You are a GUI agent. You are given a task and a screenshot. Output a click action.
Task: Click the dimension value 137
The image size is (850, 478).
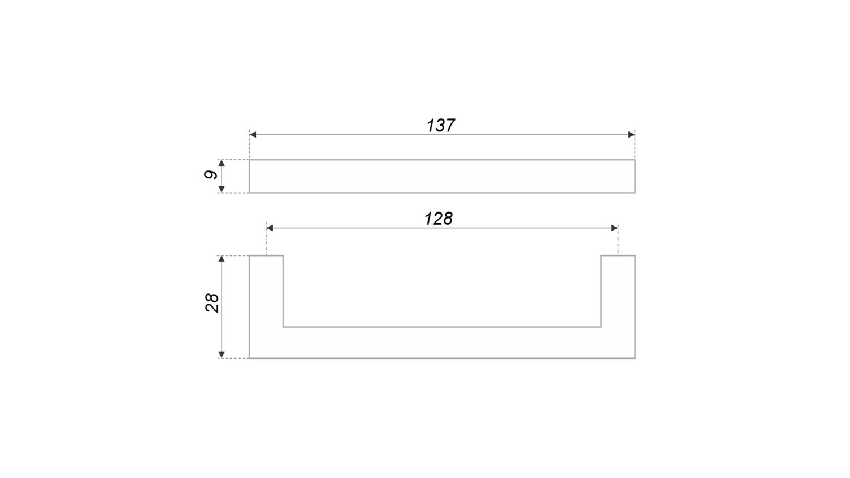click(x=440, y=126)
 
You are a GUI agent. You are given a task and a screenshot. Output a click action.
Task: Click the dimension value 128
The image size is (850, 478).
click(x=438, y=219)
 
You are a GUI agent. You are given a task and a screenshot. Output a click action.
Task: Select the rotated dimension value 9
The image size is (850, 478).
click(x=211, y=174)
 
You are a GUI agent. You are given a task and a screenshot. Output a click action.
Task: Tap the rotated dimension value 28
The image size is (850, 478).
click(x=212, y=303)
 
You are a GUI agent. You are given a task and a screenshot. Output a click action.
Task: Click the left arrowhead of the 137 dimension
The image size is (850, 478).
click(x=253, y=135)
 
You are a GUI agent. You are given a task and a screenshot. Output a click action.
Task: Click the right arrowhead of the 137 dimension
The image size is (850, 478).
click(x=631, y=135)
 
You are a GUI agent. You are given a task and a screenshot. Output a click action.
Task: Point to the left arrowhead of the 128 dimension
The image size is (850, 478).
click(x=270, y=228)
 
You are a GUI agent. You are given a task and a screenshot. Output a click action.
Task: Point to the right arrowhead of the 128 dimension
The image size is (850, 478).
click(x=614, y=228)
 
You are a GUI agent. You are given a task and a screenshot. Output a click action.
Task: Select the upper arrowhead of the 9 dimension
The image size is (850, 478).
click(x=222, y=164)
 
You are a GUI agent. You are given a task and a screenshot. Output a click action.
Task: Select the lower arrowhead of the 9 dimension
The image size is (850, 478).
click(x=222, y=189)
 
